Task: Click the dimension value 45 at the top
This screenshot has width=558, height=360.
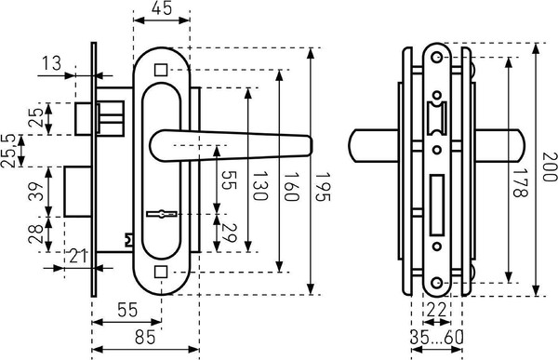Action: pyautogui.click(x=162, y=7)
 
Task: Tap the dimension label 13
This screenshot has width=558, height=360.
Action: pyautogui.click(x=51, y=64)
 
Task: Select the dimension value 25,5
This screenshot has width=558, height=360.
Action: pyautogui.click(x=8, y=151)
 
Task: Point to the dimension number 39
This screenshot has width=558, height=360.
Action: pyautogui.click(x=36, y=192)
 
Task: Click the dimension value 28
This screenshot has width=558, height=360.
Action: pyautogui.click(x=36, y=234)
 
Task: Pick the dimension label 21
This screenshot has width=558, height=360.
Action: pyautogui.click(x=78, y=256)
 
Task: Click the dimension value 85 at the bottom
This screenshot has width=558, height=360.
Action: pyautogui.click(x=145, y=338)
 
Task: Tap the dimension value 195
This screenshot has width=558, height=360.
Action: pyautogui.click(x=322, y=187)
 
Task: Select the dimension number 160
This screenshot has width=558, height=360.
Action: pyautogui.click(x=290, y=187)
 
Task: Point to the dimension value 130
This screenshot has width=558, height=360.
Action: pyautogui.click(x=259, y=186)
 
